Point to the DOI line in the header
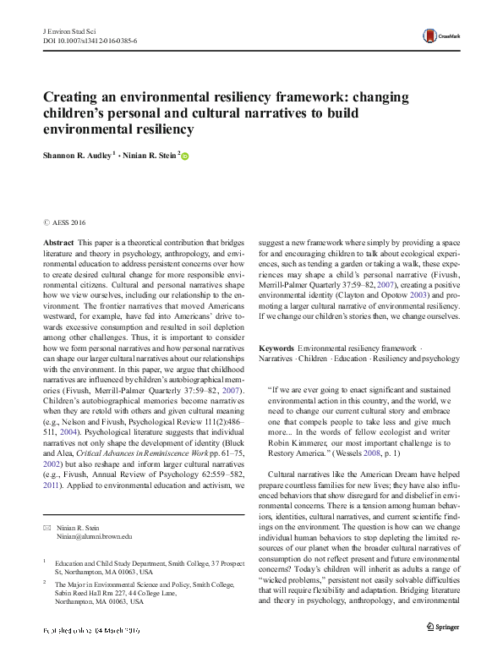tap(90, 40)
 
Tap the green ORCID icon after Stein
tap(186, 156)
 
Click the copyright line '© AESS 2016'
tap(65, 223)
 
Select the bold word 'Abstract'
tap(58, 242)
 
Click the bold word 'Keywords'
tap(276, 348)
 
